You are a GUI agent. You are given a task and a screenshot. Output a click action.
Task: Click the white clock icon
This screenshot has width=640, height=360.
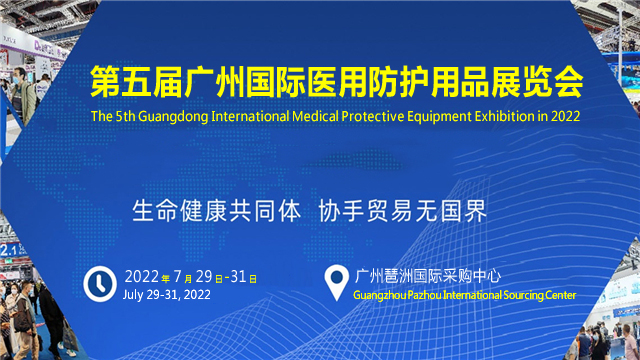[100, 284]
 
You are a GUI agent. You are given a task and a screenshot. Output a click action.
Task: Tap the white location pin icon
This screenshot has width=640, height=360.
[336, 282]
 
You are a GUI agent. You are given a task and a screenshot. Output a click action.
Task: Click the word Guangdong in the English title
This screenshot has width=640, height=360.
[173, 116]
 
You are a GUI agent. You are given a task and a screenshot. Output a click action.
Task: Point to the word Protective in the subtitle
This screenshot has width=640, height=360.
[369, 116]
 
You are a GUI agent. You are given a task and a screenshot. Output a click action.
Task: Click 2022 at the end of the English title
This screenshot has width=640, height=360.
[565, 116]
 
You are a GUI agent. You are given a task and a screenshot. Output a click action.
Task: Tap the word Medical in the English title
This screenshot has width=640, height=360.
[315, 116]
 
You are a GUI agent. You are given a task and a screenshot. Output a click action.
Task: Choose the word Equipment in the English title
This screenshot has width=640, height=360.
[436, 117]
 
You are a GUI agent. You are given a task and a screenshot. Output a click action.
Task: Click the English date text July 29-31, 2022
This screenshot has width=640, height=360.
[167, 295]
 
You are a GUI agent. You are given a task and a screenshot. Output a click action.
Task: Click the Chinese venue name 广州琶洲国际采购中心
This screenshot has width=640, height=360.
[428, 276]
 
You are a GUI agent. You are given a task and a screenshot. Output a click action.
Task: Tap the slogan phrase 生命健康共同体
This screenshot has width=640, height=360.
[217, 211]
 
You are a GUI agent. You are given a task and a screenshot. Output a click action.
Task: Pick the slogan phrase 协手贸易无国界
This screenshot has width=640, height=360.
[402, 211]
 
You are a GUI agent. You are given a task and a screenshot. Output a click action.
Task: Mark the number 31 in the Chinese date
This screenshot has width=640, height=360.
[238, 277]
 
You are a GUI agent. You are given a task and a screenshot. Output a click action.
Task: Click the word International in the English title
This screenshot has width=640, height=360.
[250, 116]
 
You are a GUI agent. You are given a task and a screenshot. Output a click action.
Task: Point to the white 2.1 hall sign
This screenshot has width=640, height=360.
[7, 249]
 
